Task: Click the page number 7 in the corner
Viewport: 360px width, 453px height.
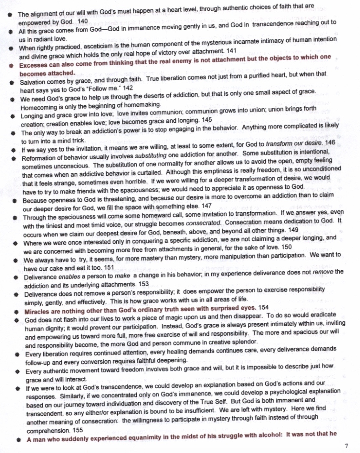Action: (346, 446)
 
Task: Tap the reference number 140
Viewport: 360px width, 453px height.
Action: (83, 21)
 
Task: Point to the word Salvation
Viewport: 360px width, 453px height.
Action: (33, 82)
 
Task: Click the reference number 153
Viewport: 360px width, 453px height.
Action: (143, 284)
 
